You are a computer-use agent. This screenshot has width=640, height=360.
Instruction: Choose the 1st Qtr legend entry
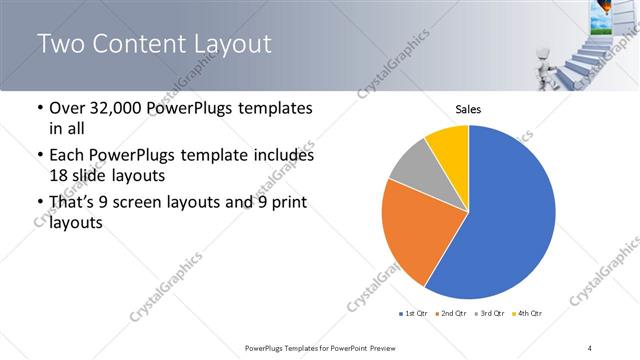tap(414, 314)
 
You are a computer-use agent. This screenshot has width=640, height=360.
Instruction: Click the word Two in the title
tap(65, 44)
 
